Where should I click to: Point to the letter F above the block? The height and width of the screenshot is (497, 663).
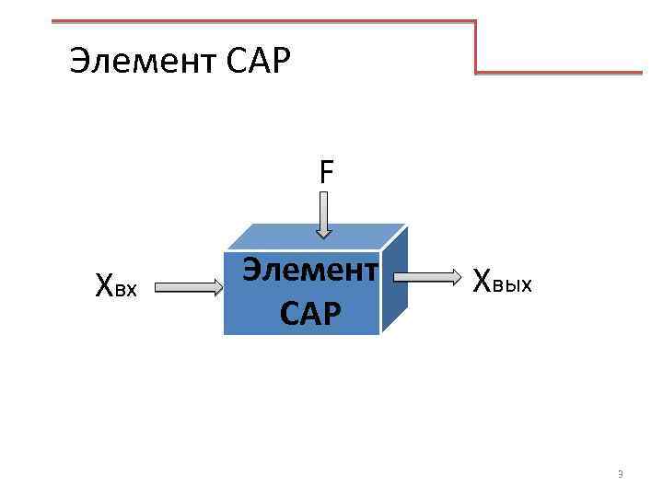pyautogui.click(x=327, y=171)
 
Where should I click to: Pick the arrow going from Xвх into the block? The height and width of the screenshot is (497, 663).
pyautogui.click(x=189, y=288)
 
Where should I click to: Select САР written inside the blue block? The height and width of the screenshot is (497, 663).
pyautogui.click(x=310, y=313)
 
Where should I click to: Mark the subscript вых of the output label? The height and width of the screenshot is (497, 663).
pyautogui.click(x=513, y=283)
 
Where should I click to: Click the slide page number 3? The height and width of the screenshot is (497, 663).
pyautogui.click(x=620, y=475)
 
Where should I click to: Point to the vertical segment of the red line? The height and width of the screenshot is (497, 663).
pyautogui.click(x=476, y=46)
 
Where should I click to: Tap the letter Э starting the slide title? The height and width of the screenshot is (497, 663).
pyautogui.click(x=78, y=63)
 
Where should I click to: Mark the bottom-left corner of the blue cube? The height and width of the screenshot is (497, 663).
pyautogui.click(x=225, y=333)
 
